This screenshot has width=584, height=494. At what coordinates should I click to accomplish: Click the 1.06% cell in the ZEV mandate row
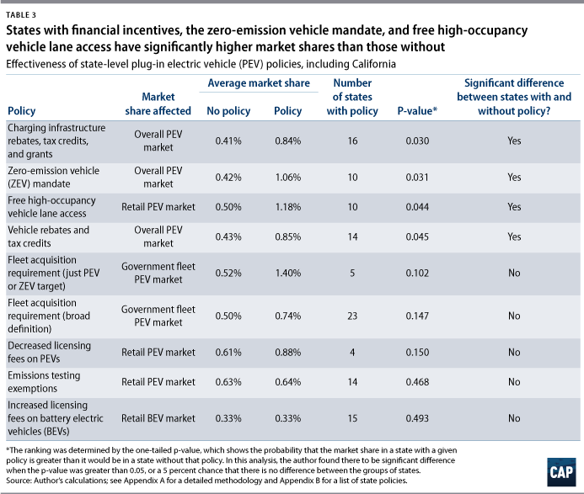[x=287, y=178]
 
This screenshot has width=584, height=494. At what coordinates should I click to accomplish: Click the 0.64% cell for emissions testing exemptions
[x=287, y=380]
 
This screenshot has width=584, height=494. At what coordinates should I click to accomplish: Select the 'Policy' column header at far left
[x=21, y=111]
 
